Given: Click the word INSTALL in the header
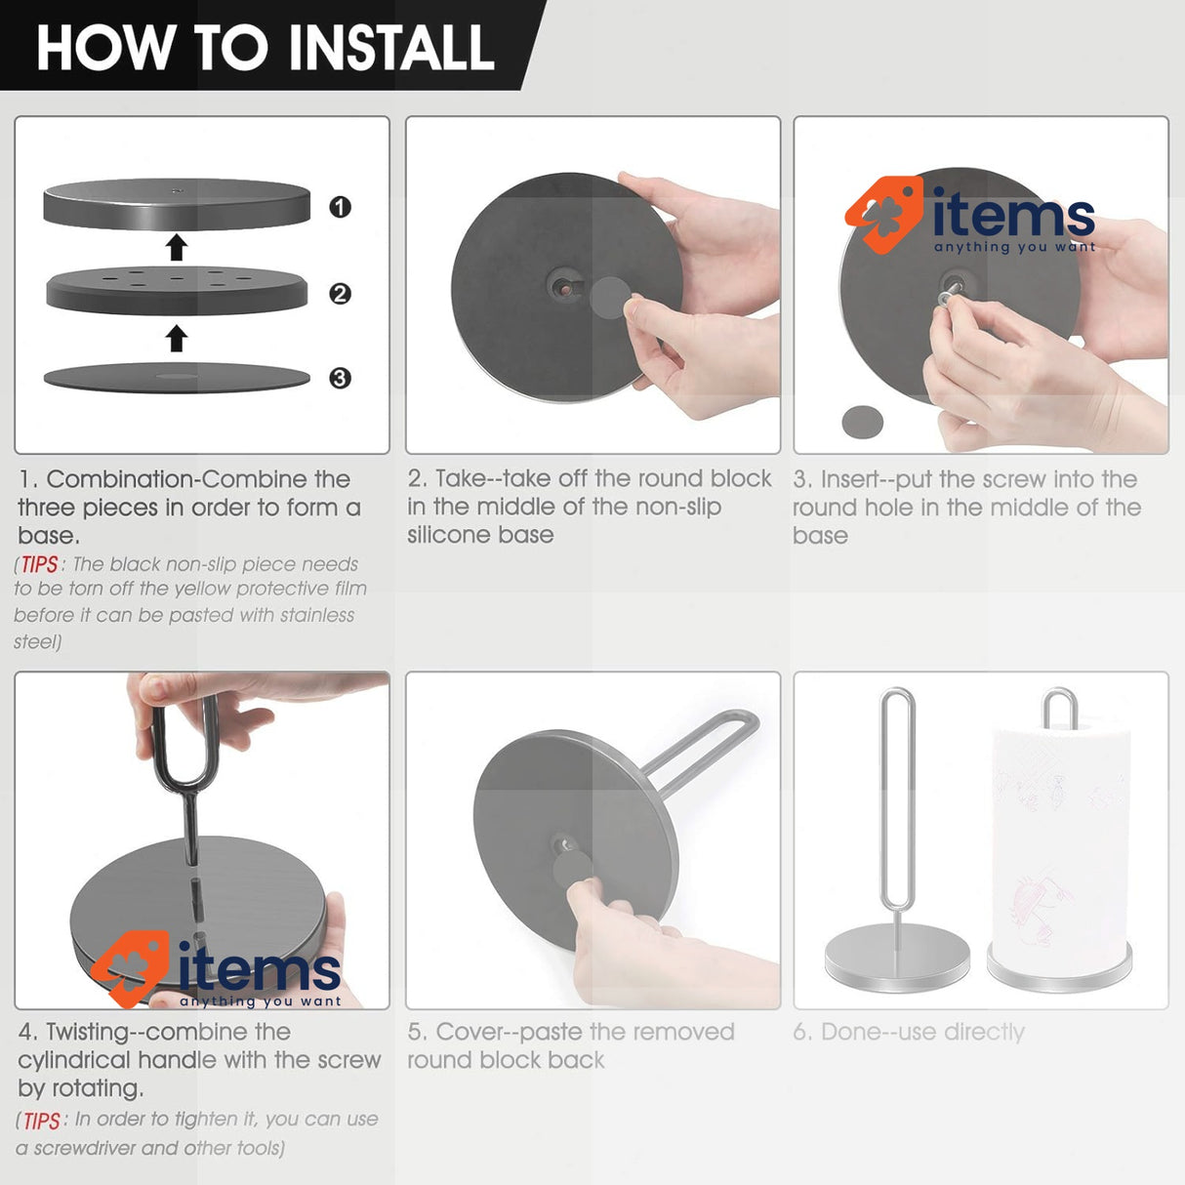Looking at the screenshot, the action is point(391,48).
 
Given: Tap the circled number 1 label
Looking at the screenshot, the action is point(340,207).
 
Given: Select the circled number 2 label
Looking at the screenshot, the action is point(340,294).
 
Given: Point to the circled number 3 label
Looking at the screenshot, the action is point(340,378).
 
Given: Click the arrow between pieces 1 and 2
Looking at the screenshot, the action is point(177,247).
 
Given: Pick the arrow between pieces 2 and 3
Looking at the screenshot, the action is point(177,338).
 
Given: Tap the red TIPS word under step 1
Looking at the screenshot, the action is point(39,564).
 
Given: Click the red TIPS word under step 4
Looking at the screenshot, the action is point(42,1121).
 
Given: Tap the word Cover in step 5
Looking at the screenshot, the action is point(470,1032).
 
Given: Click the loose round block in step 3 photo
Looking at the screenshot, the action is point(862,422).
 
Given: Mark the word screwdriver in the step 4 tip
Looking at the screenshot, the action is point(83,1148).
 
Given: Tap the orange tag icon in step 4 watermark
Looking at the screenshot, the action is point(131,969).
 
